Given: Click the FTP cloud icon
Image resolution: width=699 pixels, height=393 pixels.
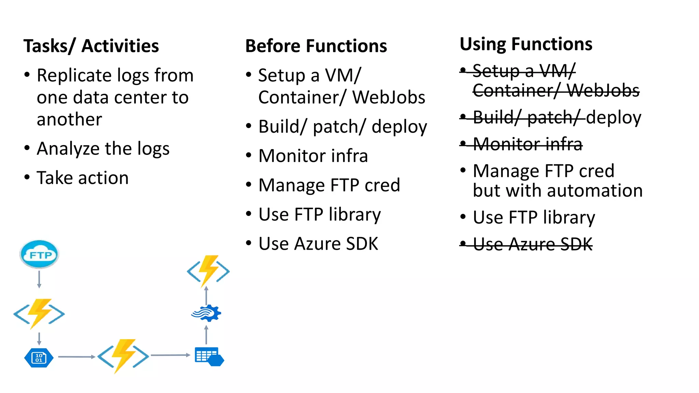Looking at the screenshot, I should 39,254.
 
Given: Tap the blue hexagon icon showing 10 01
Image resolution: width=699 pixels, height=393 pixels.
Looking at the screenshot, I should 39,358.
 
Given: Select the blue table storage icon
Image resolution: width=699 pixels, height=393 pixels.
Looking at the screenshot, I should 209,356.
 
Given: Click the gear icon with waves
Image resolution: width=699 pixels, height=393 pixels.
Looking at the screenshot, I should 206,313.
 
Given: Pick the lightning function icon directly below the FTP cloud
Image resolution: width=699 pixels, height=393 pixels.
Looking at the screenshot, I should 39,314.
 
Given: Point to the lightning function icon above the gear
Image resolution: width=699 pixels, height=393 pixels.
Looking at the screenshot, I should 208,271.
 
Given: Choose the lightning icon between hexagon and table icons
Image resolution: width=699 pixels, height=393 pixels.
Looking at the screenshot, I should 123,356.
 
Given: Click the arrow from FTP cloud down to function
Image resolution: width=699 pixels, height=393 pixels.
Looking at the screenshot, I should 39,279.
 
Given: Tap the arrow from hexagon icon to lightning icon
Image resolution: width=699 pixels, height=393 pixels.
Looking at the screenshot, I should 76,357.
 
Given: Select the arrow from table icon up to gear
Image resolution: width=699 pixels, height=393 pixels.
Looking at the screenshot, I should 206,335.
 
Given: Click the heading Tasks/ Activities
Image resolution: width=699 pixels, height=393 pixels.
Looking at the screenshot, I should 91,46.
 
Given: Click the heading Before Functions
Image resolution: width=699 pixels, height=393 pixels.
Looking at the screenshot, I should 316,46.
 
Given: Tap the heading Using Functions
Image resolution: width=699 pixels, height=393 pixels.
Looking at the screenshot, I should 526,44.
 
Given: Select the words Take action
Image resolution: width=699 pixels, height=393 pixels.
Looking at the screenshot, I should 83,178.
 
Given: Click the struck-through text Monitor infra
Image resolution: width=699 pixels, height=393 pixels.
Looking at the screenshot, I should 527,144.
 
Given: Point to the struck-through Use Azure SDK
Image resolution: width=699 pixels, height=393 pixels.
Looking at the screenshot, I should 532,244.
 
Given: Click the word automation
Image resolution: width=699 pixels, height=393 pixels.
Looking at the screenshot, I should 599,190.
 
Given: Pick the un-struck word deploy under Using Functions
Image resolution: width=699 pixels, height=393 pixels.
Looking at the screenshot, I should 614,117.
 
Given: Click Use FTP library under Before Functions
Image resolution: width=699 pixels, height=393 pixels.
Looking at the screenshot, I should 319,215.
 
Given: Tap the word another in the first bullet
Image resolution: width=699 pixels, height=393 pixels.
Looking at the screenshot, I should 69,119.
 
